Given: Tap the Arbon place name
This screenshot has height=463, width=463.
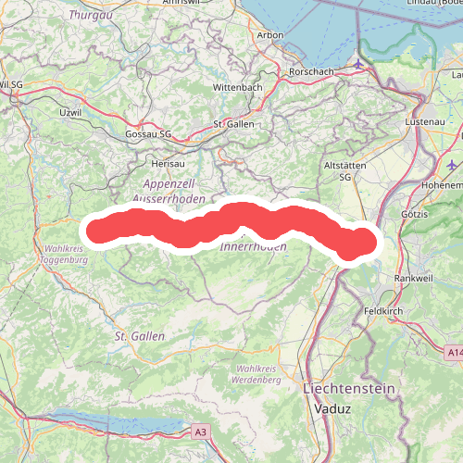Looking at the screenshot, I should [x=270, y=35].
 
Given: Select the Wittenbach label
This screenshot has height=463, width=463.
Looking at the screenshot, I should [x=238, y=87].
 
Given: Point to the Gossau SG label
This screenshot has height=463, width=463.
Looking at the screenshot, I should [x=148, y=134].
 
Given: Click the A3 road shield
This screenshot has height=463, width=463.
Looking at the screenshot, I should [x=201, y=432].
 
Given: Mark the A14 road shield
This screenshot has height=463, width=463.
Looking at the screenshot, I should [x=453, y=353].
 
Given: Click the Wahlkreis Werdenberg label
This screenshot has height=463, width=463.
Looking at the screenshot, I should [x=252, y=375].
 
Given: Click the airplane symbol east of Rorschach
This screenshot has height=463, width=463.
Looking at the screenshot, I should [x=358, y=64].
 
